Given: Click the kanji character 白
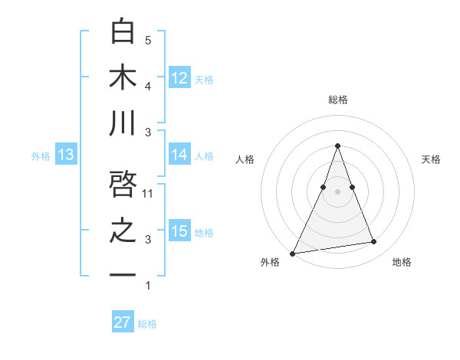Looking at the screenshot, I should pyautogui.click(x=123, y=32).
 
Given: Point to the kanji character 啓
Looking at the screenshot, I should pyautogui.click(x=123, y=185).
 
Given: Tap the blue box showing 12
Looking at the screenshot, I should pyautogui.click(x=179, y=78).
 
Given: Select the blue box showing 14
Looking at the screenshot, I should pyautogui.click(x=179, y=155).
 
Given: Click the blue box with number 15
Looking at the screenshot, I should pyautogui.click(x=179, y=231).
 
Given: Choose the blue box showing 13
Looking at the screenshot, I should pyautogui.click(x=65, y=155).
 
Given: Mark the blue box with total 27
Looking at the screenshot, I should pyautogui.click(x=123, y=322).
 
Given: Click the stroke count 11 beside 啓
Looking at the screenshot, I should pyautogui.click(x=149, y=194).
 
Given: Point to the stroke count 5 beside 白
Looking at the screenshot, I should pyautogui.click(x=148, y=41).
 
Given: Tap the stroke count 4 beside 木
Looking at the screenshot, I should pyautogui.click(x=148, y=86).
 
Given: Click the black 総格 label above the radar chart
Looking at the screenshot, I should pyautogui.click(x=337, y=100).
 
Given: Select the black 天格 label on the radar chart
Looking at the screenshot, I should pyautogui.click(x=431, y=159).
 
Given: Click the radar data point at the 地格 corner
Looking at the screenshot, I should pyautogui.click(x=374, y=242).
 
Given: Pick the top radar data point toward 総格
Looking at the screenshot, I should pyautogui.click(x=337, y=146).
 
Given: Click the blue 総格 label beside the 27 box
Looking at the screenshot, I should pyautogui.click(x=147, y=324).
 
